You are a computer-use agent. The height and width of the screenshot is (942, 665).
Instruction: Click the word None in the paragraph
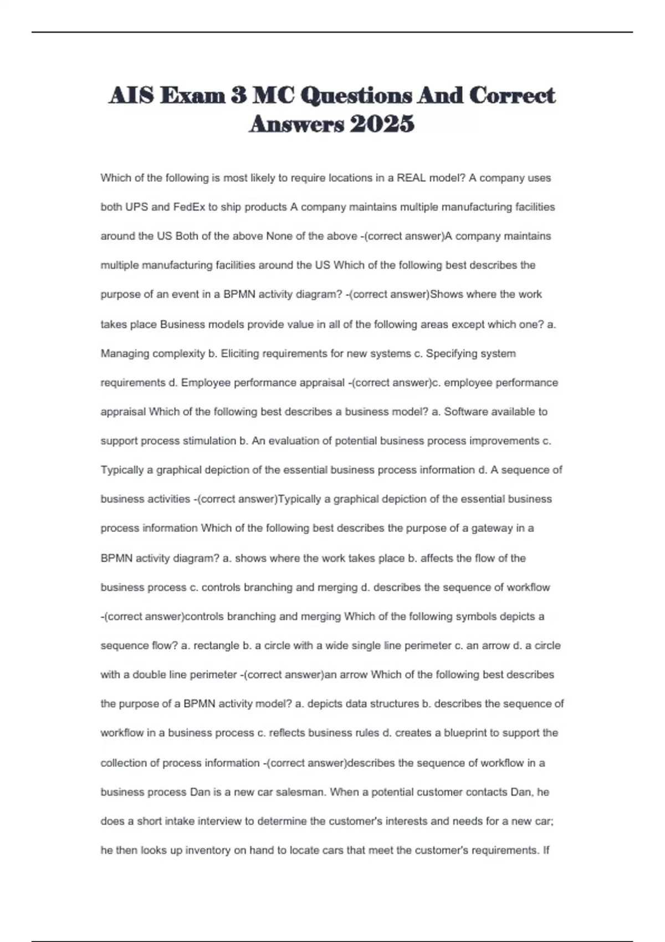click(279, 236)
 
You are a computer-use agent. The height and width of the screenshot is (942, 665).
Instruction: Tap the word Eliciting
click(239, 354)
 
